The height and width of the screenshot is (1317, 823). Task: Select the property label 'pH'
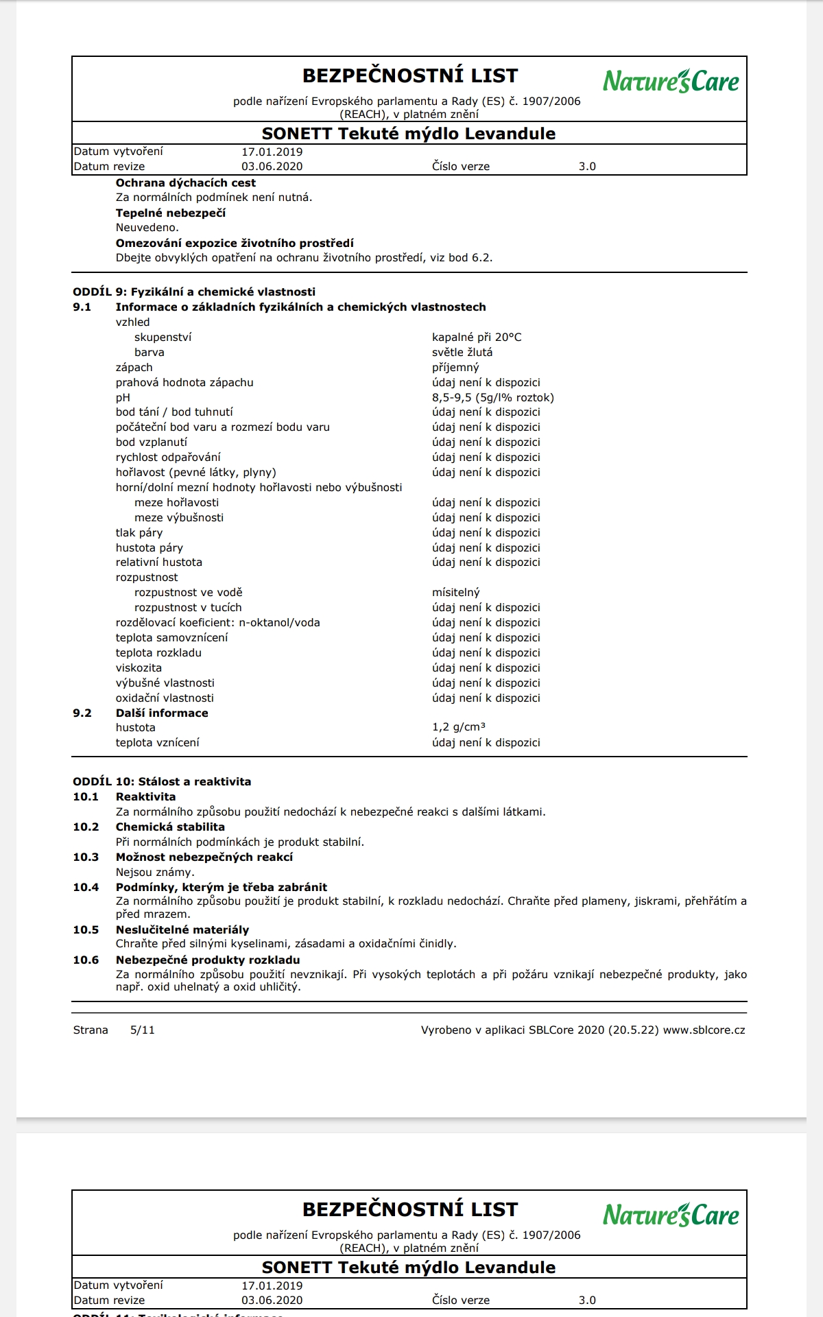[x=123, y=397]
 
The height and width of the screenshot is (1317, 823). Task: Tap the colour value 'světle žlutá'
[x=462, y=352]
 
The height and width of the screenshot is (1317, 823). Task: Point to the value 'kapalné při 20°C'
[x=477, y=337]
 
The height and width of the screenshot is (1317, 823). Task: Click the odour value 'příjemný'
[x=455, y=367]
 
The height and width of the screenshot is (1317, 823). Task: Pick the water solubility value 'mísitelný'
[x=456, y=592]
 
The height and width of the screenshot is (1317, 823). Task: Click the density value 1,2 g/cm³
[x=459, y=727]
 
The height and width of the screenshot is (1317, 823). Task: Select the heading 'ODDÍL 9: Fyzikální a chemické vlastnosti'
[x=194, y=292]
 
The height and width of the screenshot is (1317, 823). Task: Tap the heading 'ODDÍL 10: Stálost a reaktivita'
[x=162, y=781]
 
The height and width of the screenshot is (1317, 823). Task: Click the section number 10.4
[x=86, y=887]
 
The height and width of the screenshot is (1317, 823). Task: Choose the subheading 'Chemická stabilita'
[x=170, y=827]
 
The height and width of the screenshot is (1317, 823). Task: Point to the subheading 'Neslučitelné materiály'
[x=182, y=929]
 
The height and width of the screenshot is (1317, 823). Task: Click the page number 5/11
[x=143, y=1030]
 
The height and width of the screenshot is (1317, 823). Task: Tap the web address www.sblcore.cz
[x=704, y=1030]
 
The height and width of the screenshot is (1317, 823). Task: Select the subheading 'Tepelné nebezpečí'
[x=170, y=213]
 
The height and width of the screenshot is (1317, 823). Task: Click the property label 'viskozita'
[x=139, y=667]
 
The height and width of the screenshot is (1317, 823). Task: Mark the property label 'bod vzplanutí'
[x=151, y=442]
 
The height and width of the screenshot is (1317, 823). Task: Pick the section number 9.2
[x=82, y=713]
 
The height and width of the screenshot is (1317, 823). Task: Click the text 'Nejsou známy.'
[x=155, y=872]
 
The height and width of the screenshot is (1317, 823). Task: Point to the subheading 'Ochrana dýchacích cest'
[x=185, y=182]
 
